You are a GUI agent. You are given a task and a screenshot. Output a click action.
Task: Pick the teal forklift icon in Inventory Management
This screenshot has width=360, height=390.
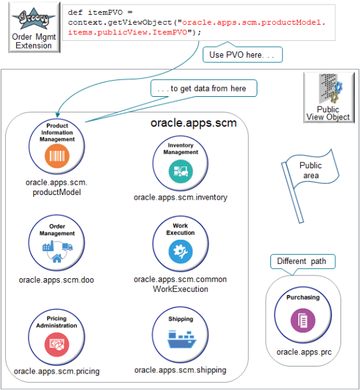(x=180, y=172)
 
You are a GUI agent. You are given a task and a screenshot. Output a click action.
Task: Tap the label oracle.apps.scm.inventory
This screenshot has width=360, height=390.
(x=181, y=197)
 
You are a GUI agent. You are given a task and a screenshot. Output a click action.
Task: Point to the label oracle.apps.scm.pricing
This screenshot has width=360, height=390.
(x=57, y=371)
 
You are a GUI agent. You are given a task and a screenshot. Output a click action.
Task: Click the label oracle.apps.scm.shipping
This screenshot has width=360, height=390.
(x=181, y=370)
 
